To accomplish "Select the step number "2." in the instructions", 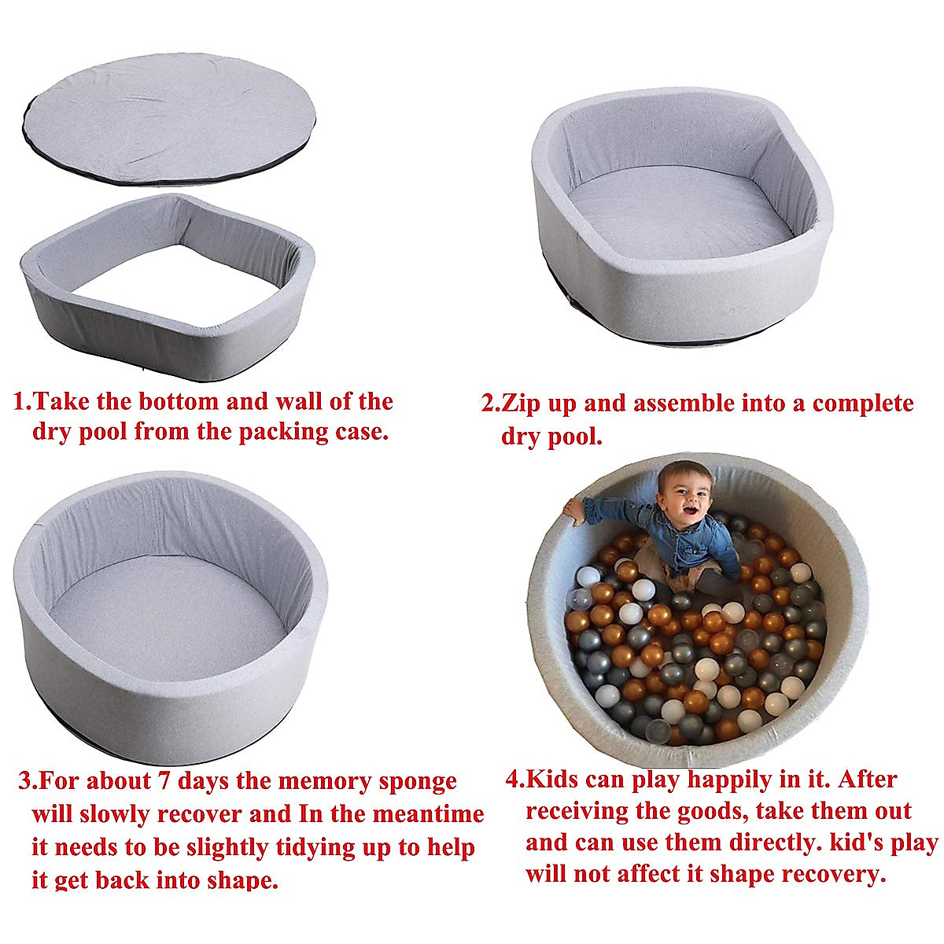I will (x=491, y=404).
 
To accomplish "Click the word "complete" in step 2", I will (x=863, y=404).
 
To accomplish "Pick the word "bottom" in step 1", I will (x=179, y=401).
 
